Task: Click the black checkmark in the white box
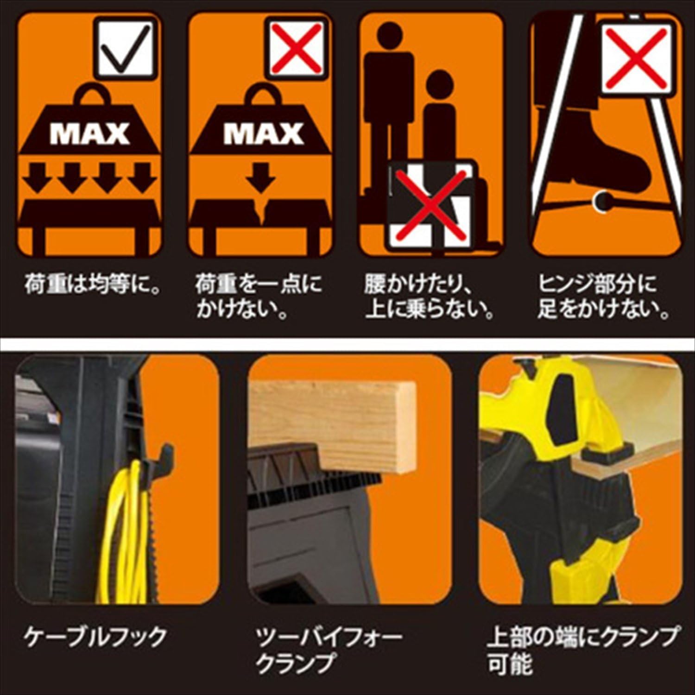[124, 48]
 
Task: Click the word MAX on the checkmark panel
[90, 134]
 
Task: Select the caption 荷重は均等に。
[92, 284]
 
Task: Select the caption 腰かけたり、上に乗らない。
[429, 297]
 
